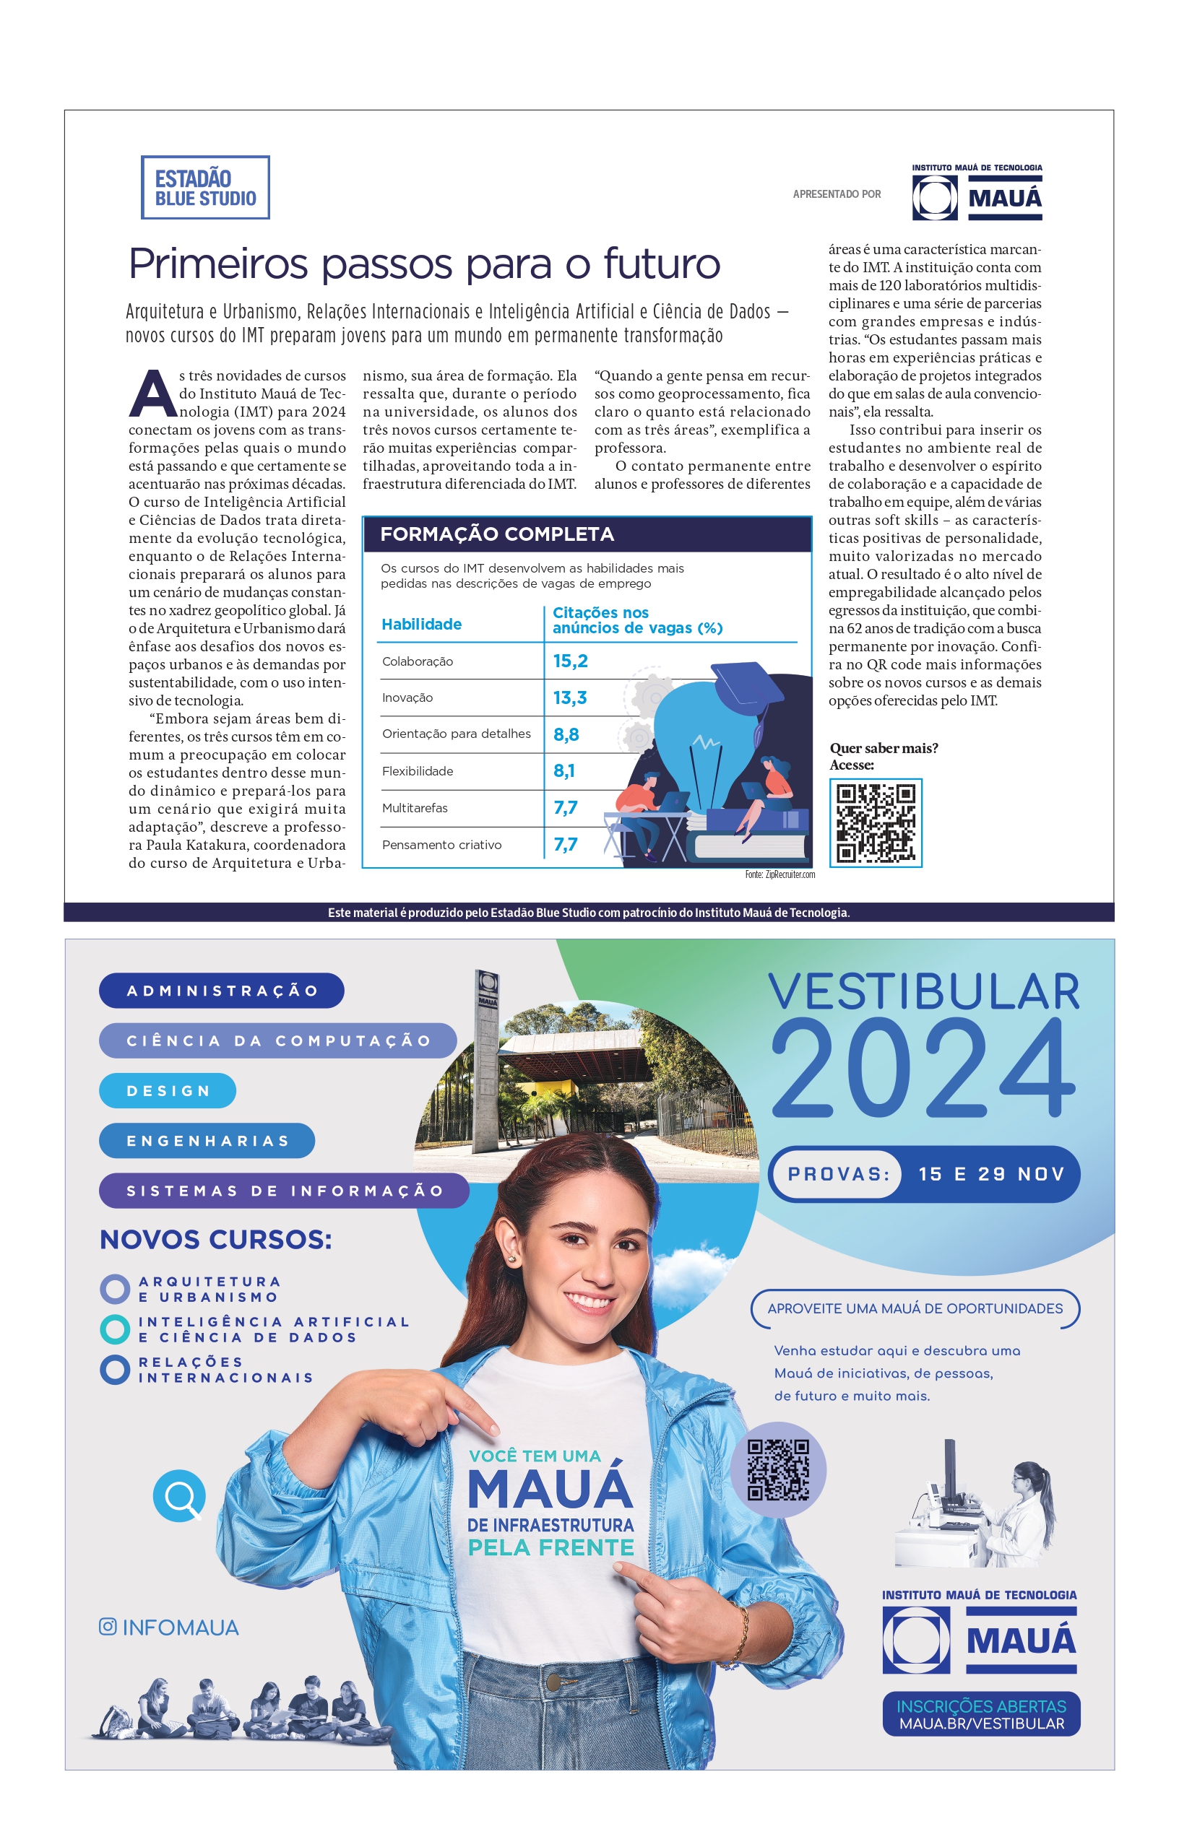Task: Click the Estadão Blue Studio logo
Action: (x=205, y=188)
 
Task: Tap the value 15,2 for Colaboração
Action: (x=571, y=661)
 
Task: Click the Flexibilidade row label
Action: (x=418, y=771)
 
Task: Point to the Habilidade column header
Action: (x=421, y=625)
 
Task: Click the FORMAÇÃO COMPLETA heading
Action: (x=497, y=534)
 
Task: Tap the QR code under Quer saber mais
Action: (x=875, y=822)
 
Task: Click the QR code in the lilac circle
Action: (x=778, y=1470)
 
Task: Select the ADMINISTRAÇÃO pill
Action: (x=221, y=991)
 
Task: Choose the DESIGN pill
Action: (x=168, y=1091)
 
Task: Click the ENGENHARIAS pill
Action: (x=207, y=1141)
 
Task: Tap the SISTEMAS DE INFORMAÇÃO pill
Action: (x=284, y=1191)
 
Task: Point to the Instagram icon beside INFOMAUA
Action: (x=108, y=1627)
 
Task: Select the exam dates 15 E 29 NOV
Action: (x=990, y=1174)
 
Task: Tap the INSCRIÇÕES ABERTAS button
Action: (x=981, y=1714)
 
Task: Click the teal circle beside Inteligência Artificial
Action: (x=115, y=1329)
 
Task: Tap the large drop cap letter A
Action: (x=153, y=394)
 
